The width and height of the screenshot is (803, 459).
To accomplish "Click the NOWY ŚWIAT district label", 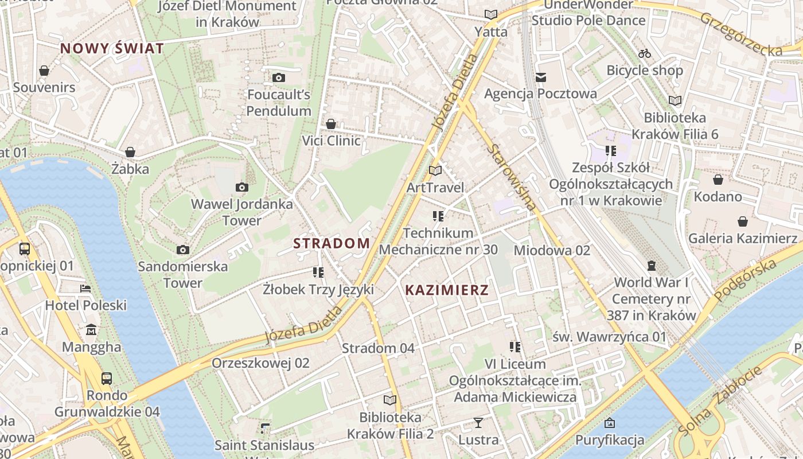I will pyautogui.click(x=112, y=48).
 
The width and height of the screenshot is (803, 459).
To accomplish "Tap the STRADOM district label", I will pyautogui.click(x=332, y=243).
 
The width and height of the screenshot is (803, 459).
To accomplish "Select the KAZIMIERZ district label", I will pyautogui.click(x=447, y=290).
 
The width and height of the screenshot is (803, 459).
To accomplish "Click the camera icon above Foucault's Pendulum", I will pyautogui.click(x=279, y=77).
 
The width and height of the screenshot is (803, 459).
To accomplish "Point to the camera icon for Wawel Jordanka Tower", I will pyautogui.click(x=242, y=187).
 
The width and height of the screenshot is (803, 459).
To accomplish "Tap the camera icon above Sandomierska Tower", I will pyautogui.click(x=183, y=250).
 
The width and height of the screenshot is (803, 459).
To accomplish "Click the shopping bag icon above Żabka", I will pyautogui.click(x=130, y=152).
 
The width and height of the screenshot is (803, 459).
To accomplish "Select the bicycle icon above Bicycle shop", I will pyautogui.click(x=645, y=53).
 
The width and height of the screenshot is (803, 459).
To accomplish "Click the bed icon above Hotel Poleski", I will pyautogui.click(x=85, y=288).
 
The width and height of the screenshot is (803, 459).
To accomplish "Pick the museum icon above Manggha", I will pyautogui.click(x=91, y=330).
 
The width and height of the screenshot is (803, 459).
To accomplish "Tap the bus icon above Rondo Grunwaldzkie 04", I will pyautogui.click(x=107, y=378).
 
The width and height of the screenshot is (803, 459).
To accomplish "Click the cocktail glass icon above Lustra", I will pyautogui.click(x=478, y=423).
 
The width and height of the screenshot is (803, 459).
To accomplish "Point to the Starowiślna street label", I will pyautogui.click(x=512, y=177).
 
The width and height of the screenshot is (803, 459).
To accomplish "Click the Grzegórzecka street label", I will pyautogui.click(x=740, y=34).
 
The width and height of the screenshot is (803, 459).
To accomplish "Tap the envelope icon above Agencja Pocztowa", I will pyautogui.click(x=540, y=77).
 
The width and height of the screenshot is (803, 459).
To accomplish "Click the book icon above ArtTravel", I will pyautogui.click(x=435, y=170).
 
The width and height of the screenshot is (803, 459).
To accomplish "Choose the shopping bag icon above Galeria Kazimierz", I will pyautogui.click(x=743, y=221).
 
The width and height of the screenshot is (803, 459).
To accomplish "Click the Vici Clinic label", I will pyautogui.click(x=332, y=141).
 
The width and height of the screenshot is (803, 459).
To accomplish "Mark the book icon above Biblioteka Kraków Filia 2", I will pyautogui.click(x=390, y=400).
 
